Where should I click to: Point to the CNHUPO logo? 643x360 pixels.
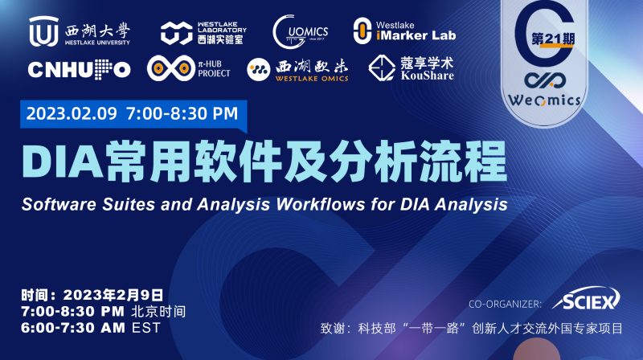(x=79, y=70)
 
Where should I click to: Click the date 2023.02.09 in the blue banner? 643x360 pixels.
(x=72, y=113)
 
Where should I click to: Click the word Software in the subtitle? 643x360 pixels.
(x=56, y=203)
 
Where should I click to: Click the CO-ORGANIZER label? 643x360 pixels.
(x=505, y=303)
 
